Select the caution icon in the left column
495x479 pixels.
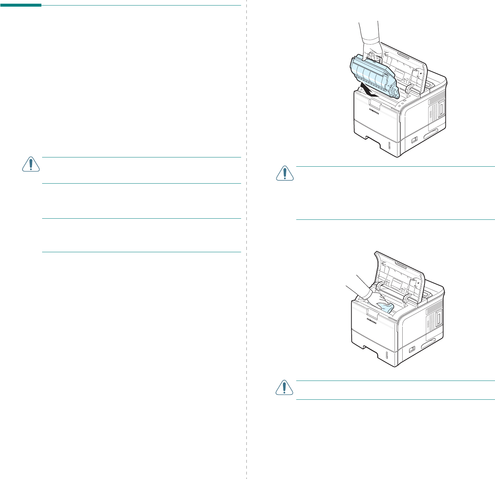click(31, 164)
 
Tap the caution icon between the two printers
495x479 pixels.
click(285, 173)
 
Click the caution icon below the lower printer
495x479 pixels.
click(285, 388)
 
